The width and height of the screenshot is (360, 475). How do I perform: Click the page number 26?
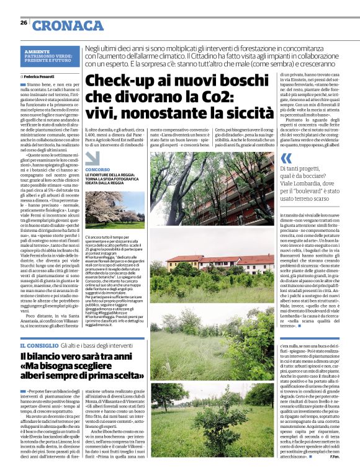24,22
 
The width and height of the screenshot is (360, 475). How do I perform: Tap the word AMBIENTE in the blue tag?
37,50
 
